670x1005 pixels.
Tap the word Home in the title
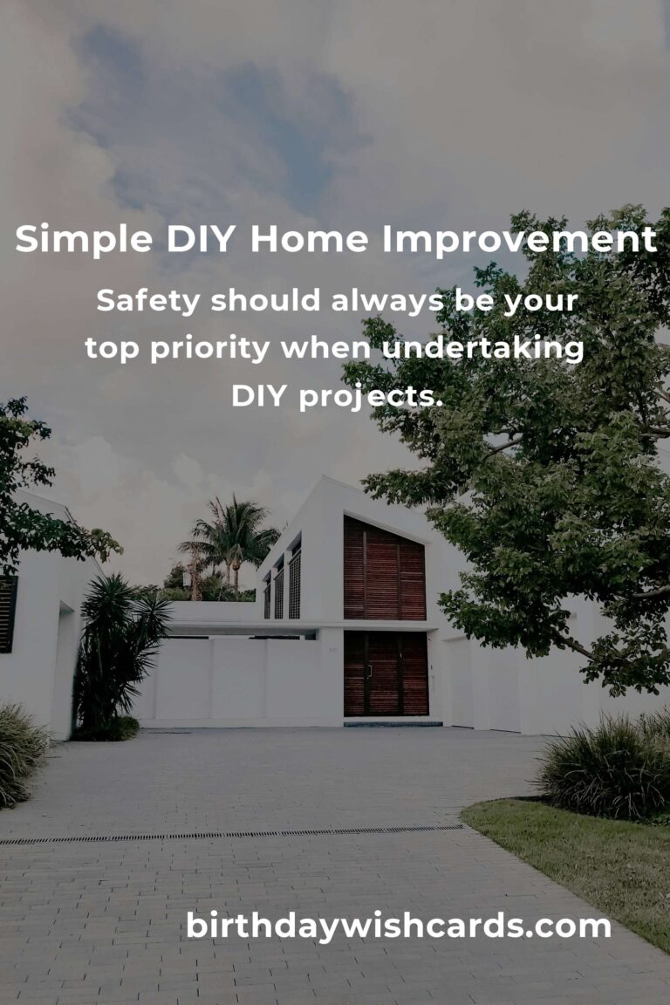click(x=310, y=239)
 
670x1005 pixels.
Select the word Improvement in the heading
click(x=520, y=240)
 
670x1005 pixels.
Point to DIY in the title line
click(x=201, y=239)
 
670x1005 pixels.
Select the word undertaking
click(x=482, y=349)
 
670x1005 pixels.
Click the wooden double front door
click(x=386, y=673)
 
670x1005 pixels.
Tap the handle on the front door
click(x=369, y=671)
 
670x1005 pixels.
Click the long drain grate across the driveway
click(x=231, y=835)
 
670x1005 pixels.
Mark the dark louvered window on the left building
click(x=8, y=613)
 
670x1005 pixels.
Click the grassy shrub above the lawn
click(x=603, y=766)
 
